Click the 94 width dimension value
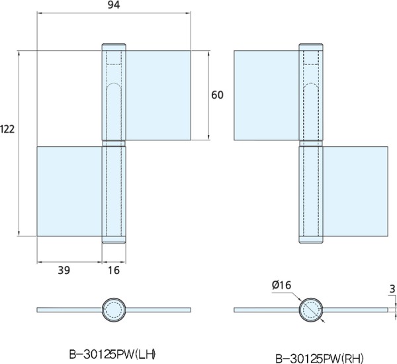point(114,5)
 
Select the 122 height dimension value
point(7,130)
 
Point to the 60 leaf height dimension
point(217,95)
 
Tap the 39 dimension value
point(64,271)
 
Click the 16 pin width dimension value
point(114,271)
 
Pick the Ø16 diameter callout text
point(282,285)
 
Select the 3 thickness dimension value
point(392,289)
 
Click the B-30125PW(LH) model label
point(112,354)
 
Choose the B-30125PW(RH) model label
point(320,359)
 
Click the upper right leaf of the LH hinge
point(158,95)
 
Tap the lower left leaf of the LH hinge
point(69,191)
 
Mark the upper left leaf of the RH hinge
point(267,95)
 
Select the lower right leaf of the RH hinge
point(355,191)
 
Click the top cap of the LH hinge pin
point(114,47)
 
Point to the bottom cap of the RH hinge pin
point(311,240)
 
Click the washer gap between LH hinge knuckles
point(114,144)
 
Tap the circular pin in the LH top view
point(114,310)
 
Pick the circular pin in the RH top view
point(311,310)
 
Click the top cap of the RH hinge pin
point(311,47)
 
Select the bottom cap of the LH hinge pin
point(114,240)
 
